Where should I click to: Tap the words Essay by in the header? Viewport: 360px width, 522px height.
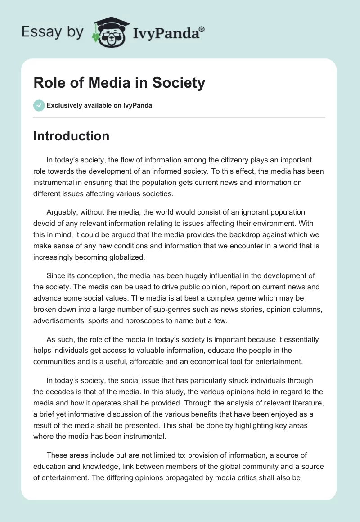coord(53,32)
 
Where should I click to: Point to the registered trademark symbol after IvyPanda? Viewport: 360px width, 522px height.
coord(202,29)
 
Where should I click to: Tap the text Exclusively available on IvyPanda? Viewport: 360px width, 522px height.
coord(99,106)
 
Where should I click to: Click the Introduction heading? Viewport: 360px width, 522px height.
coord(71,136)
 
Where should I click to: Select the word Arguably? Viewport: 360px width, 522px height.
coord(62,212)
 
